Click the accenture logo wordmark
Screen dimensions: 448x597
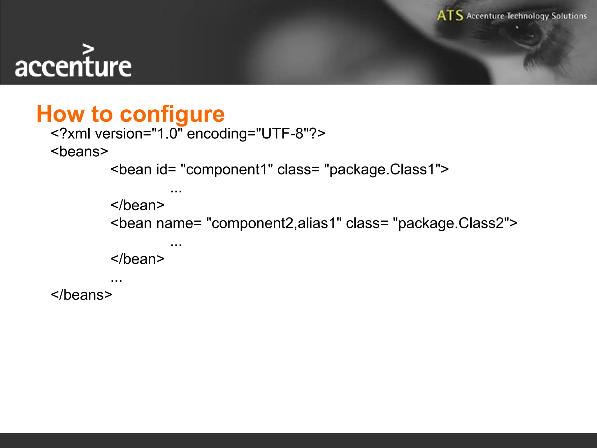pos(73,67)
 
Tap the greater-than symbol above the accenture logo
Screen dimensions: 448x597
pos(88,49)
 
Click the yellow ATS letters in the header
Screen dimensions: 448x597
pos(450,15)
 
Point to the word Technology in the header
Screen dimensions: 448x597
pos(528,16)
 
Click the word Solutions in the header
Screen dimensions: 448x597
pos(569,16)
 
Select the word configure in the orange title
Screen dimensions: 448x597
pos(172,114)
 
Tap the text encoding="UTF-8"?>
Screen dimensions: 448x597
pos(256,134)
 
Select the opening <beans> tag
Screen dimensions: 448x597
pos(79,152)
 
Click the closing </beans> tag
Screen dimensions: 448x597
pos(81,295)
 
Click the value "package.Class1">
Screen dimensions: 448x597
pos(386,169)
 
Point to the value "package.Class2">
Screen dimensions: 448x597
pos(455,223)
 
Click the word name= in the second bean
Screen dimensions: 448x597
pos(179,223)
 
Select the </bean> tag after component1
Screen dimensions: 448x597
pos(137,205)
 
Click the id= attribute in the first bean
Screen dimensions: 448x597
pos(166,169)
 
